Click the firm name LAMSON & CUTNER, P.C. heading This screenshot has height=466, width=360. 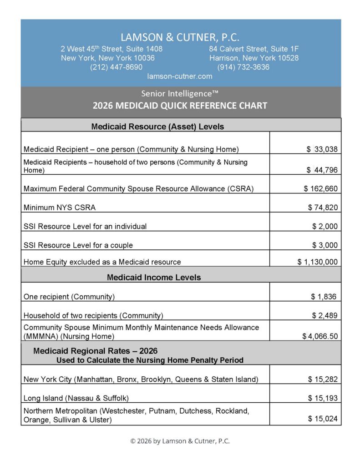click(x=180, y=37)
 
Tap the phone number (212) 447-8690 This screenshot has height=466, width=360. click(x=117, y=67)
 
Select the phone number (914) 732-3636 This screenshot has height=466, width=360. click(x=243, y=67)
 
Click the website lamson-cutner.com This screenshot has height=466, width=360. click(x=180, y=76)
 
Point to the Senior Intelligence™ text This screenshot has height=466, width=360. click(x=180, y=93)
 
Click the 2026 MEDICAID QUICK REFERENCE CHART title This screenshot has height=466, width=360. click(x=180, y=106)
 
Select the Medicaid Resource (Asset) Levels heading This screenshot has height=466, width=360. click(x=157, y=127)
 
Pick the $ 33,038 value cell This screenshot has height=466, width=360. click(x=322, y=149)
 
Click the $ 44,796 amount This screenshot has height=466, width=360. click(x=322, y=170)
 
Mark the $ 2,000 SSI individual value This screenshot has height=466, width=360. click(x=325, y=226)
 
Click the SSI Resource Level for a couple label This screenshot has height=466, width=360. click(x=78, y=245)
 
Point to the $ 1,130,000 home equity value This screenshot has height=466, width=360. click(x=318, y=262)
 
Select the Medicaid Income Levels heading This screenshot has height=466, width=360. click(x=154, y=277)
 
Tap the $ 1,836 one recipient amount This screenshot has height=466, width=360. click(x=324, y=297)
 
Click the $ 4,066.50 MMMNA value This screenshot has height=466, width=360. click(x=320, y=336)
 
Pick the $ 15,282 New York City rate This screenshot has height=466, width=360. click(x=323, y=379)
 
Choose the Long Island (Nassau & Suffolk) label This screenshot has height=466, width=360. click(x=76, y=398)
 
